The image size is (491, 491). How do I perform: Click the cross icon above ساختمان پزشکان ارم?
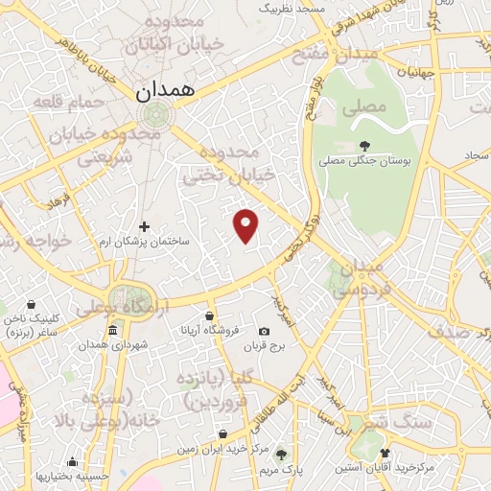pos(145,227)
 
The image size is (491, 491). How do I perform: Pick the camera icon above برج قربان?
pos(265,331)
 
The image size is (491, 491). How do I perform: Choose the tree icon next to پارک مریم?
pos(280,455)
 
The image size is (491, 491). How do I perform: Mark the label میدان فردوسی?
pos(365,277)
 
